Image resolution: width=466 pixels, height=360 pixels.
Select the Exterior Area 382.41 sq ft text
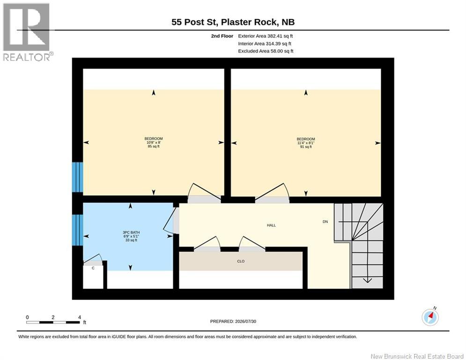click(x=266, y=36)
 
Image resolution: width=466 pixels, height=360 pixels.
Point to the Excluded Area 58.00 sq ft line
click(x=266, y=51)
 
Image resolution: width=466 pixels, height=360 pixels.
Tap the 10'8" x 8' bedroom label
click(x=153, y=142)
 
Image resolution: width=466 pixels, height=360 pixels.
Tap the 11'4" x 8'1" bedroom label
click(x=305, y=143)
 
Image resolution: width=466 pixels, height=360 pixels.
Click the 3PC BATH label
click(x=131, y=236)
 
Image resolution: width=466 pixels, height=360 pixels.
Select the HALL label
click(x=271, y=225)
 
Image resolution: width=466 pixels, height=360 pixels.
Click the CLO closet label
click(x=241, y=261)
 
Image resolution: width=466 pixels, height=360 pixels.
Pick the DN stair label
click(x=325, y=222)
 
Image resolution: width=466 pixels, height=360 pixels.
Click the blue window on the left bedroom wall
click(x=78, y=177)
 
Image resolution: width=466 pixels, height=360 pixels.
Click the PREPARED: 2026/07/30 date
click(x=233, y=321)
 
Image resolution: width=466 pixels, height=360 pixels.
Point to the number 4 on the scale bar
click(x=79, y=317)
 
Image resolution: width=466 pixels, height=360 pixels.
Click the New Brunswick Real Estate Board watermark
click(x=417, y=356)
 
